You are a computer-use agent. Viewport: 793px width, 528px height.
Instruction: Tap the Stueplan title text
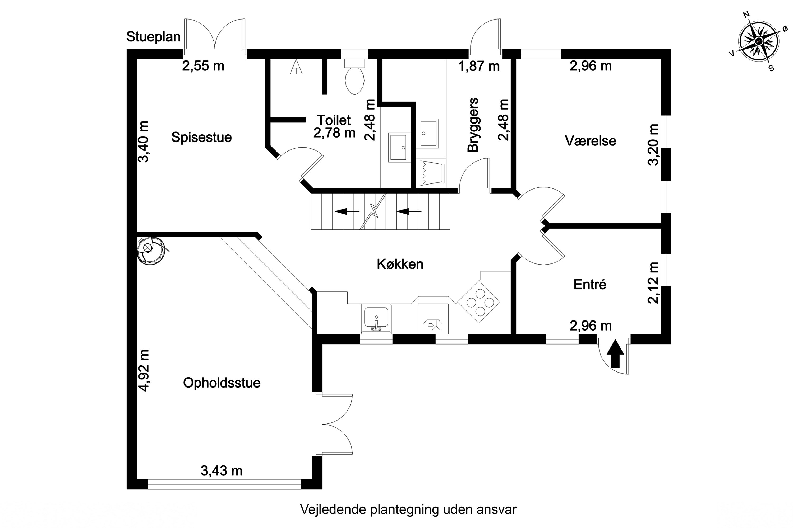point(153,37)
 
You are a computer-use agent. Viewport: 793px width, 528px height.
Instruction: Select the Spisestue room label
point(202,137)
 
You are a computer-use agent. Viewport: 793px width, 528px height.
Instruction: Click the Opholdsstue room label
point(222,383)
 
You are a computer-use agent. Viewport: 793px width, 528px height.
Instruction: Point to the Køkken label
point(400,264)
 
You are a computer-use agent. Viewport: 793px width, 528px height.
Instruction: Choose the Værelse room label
point(590,141)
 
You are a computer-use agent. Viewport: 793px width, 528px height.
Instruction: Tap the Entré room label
point(590,285)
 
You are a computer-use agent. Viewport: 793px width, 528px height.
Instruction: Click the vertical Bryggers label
point(473,125)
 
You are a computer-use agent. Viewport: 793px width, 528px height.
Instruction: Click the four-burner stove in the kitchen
point(479,302)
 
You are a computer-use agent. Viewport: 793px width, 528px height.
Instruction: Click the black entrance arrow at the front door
point(615,353)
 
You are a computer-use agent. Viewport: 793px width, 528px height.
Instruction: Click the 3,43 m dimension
point(222,470)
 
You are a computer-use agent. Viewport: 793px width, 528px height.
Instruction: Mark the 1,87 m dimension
point(479,66)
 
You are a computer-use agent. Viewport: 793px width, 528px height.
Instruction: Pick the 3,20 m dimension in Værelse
point(653,145)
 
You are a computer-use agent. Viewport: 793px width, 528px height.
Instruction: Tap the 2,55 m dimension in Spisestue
point(203,66)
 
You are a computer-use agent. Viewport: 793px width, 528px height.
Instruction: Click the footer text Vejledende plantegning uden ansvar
point(408,510)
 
